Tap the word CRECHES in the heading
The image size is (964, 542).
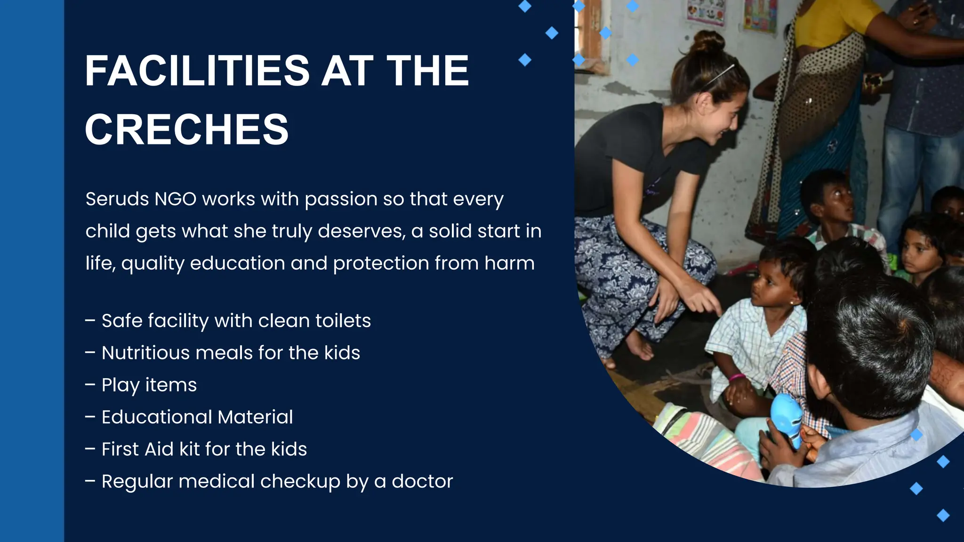click(x=186, y=130)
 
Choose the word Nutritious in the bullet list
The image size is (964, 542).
click(x=145, y=353)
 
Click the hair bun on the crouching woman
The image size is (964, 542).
click(x=708, y=42)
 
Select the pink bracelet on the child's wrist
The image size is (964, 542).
click(x=737, y=377)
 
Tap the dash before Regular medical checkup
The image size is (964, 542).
click(x=90, y=481)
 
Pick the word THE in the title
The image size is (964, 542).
click(x=427, y=71)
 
